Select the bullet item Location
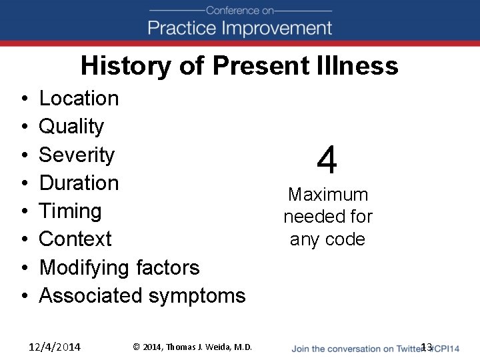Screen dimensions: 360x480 (79, 99)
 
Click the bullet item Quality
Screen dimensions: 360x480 (71, 127)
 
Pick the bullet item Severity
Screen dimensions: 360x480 (77, 155)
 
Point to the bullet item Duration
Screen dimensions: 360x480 (79, 183)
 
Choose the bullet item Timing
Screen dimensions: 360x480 (70, 211)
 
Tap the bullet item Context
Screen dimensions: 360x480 (75, 239)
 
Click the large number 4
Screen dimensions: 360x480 (327, 161)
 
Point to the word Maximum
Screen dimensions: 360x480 (327, 195)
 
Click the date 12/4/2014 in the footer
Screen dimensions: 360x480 (55, 347)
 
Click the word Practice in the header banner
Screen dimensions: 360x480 (181, 28)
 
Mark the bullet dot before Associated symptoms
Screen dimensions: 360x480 (23, 296)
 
